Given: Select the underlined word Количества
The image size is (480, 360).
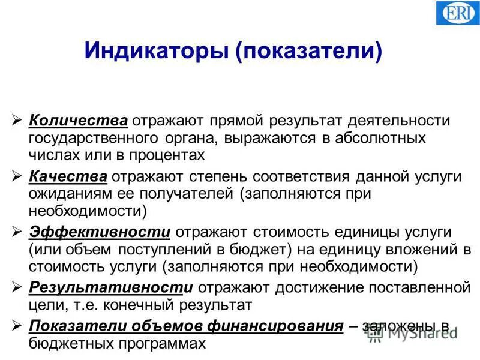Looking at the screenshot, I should [x=78, y=120].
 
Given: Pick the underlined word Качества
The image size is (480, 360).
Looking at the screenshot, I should [x=69, y=177].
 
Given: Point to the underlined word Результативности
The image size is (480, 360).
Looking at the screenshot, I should [x=111, y=287].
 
